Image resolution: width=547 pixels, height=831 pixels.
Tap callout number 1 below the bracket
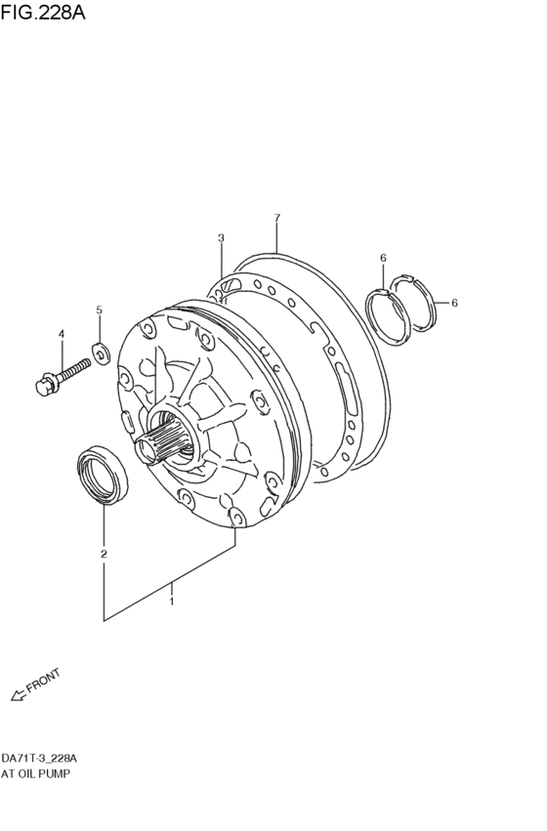pos(171,602)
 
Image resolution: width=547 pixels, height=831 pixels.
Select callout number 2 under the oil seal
pos(103,555)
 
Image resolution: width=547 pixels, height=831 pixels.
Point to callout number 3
pos(221,238)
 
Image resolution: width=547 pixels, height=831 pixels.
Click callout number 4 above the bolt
pos(61,334)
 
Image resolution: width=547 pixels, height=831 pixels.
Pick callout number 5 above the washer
pos(99,311)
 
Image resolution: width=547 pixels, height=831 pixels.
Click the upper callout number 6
pos(383,258)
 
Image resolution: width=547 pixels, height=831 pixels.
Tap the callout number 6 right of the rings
pos(454,303)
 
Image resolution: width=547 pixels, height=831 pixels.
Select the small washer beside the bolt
pos(99,349)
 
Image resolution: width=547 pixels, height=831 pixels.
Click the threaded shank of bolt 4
pos(72,370)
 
